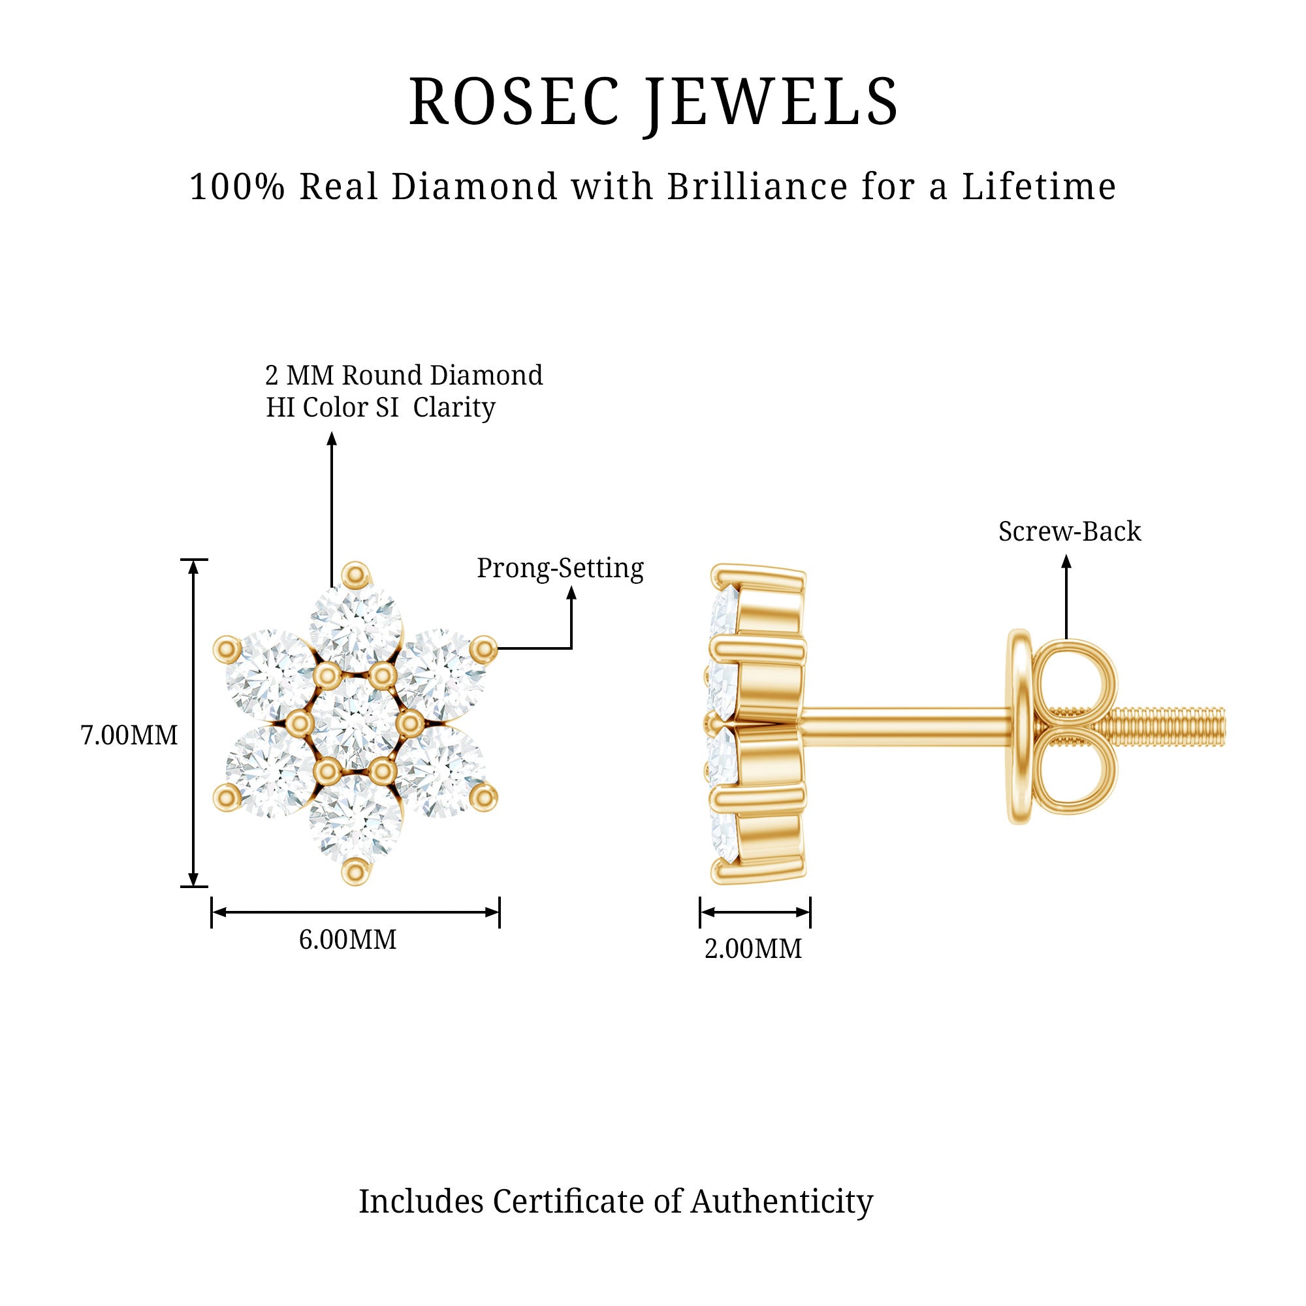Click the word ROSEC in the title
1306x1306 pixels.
(514, 103)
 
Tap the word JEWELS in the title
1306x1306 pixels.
(771, 103)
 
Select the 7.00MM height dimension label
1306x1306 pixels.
(129, 735)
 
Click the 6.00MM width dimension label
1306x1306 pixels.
(347, 940)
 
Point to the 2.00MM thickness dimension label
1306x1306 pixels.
(753, 949)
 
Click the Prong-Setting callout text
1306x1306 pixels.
(560, 569)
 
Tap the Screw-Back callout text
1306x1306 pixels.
(1070, 532)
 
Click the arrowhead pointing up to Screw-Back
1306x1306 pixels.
(1066, 560)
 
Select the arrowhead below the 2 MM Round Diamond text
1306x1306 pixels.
(331, 439)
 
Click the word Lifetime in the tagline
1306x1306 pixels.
(1039, 187)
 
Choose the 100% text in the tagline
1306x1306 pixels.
(236, 187)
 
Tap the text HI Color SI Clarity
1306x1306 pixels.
(381, 407)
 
